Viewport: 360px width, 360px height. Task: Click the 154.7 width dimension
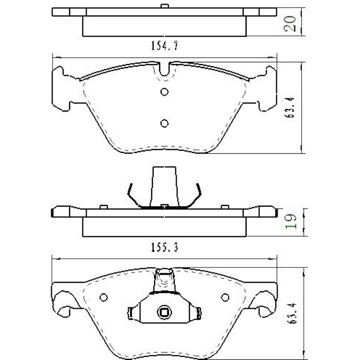pyautogui.click(x=164, y=46)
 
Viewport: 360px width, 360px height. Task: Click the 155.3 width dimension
pyautogui.click(x=164, y=248)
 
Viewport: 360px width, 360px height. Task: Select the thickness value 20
pyautogui.click(x=290, y=23)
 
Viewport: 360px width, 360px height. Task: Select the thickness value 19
pyautogui.click(x=290, y=222)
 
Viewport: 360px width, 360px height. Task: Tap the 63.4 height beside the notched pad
pyautogui.click(x=291, y=107)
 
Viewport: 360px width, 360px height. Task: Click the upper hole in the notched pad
pyautogui.click(x=165, y=92)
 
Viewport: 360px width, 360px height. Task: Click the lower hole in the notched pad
pyautogui.click(x=165, y=123)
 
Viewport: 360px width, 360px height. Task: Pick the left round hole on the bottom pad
pyautogui.click(x=104, y=297)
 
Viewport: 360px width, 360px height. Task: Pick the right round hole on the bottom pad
pyautogui.click(x=225, y=297)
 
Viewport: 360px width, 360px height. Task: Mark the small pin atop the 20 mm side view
pyautogui.click(x=165, y=6)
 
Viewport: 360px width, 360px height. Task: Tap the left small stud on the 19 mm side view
pyautogui.click(x=104, y=207)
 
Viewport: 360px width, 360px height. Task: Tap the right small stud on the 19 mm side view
pyautogui.click(x=225, y=207)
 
